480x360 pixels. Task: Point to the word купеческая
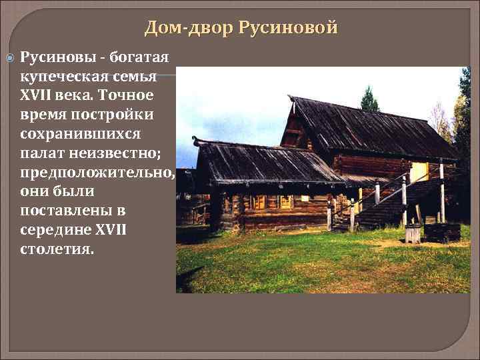(x=63, y=75)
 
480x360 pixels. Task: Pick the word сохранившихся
(x=80, y=133)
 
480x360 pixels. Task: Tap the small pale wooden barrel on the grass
(x=413, y=233)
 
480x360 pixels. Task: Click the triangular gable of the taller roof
(x=293, y=130)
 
